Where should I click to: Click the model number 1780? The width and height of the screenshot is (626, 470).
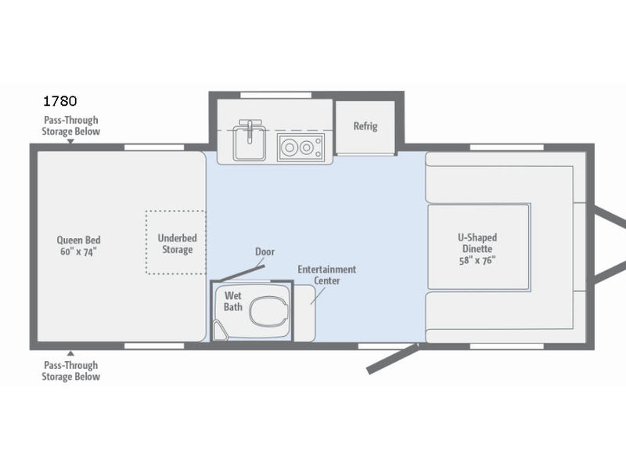(60, 101)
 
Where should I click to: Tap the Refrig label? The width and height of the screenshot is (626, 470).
(365, 126)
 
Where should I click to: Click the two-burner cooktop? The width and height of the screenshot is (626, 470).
(301, 147)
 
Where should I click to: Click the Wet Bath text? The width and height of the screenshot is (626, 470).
(232, 302)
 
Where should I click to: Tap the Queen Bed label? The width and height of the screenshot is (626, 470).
(79, 246)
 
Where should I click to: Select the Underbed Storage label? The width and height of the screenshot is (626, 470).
(178, 244)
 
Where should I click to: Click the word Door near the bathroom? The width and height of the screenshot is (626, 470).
(264, 251)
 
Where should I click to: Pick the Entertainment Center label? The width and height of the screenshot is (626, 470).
(326, 275)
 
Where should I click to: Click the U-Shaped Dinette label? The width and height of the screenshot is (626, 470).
(477, 248)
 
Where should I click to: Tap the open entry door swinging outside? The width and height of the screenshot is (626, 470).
(392, 359)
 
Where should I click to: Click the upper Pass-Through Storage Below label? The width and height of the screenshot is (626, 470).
(70, 126)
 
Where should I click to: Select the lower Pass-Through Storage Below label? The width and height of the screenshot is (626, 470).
(70, 371)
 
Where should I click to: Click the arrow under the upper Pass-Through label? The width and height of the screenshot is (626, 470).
(70, 142)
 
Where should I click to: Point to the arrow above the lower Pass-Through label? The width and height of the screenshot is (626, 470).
(70, 353)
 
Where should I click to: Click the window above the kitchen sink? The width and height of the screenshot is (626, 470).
(276, 95)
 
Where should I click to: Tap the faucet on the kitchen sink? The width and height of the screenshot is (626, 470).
(250, 130)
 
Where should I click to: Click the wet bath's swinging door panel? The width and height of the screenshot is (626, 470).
(242, 273)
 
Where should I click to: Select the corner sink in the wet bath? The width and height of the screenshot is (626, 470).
(220, 331)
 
